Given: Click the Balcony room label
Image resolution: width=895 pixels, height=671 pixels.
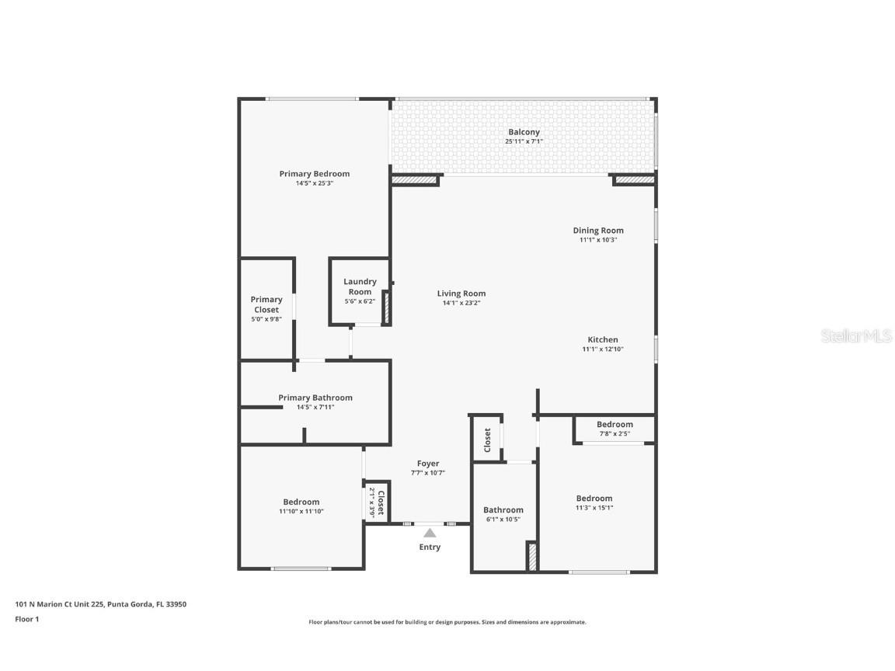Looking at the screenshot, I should coord(524,132).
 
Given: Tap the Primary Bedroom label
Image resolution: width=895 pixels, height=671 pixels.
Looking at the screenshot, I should coord(314,174).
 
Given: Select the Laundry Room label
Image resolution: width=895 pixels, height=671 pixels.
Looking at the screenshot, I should coord(360,287).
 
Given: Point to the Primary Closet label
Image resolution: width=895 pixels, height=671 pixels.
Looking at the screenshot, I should coord(266,304).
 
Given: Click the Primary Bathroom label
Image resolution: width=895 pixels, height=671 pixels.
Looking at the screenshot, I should coord(315,398).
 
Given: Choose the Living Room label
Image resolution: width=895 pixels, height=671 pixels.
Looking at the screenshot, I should coord(461,294).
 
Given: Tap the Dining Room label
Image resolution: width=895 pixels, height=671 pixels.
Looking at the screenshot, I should coord(598,230).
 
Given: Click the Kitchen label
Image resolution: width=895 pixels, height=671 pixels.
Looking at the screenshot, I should coord(603,339).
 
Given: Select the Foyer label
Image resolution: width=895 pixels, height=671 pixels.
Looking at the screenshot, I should coord(428,464).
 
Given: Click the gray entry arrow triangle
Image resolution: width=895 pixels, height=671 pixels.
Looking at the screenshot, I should coord(430,533).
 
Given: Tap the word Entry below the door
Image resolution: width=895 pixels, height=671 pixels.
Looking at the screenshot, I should coord(430,548).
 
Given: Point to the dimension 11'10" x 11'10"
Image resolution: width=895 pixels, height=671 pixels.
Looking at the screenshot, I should coord(301,511).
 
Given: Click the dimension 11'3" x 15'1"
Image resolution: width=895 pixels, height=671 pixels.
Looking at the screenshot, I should coord(594,508).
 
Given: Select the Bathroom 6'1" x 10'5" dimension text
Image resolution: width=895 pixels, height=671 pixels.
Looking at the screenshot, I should coord(503,520).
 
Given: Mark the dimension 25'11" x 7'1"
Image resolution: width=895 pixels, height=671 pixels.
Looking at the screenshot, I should coord(524,141).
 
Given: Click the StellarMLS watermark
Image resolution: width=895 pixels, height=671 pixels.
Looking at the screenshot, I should coord(857,335).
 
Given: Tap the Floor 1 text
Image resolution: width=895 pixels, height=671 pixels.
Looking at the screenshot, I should coord(26,619).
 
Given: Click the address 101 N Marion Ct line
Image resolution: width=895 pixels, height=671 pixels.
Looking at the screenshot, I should coord(100,604).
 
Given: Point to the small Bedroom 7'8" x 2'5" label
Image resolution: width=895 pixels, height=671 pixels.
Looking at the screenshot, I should coord(615,424).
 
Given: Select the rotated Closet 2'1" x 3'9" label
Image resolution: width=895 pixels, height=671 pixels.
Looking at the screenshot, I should coord(377,502).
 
